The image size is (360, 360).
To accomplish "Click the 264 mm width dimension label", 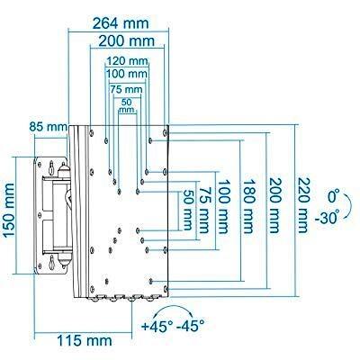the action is [x=121, y=23].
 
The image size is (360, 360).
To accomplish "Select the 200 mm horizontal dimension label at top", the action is [x=127, y=41].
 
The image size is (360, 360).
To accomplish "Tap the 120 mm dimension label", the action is [x=127, y=61].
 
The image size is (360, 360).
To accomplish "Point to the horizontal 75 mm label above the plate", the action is [x=126, y=89].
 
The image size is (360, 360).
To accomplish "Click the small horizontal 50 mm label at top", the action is [x=127, y=106].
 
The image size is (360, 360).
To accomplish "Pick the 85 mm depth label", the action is [x=48, y=127].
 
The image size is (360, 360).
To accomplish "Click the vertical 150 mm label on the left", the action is [x=9, y=211].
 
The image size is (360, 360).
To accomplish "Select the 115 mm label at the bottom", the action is [x=85, y=341].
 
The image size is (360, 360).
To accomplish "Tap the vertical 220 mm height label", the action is [x=303, y=205].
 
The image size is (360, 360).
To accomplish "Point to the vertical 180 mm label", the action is [x=249, y=207].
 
